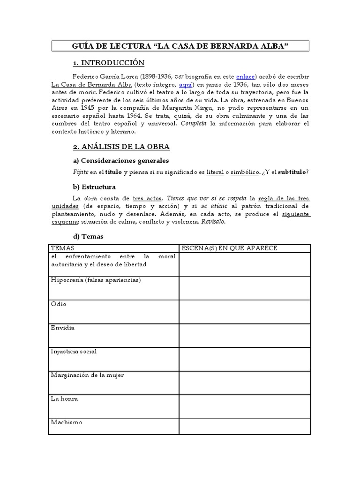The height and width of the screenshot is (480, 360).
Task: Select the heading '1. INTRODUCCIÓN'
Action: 109,63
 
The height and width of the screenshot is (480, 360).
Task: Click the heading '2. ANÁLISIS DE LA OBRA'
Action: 121,147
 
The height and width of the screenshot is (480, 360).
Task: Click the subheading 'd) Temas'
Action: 88,237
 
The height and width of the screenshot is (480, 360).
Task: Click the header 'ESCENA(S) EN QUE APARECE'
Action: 229,248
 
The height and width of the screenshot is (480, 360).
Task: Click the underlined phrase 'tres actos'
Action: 148,198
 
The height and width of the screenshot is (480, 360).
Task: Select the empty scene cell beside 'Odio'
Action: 244,312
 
